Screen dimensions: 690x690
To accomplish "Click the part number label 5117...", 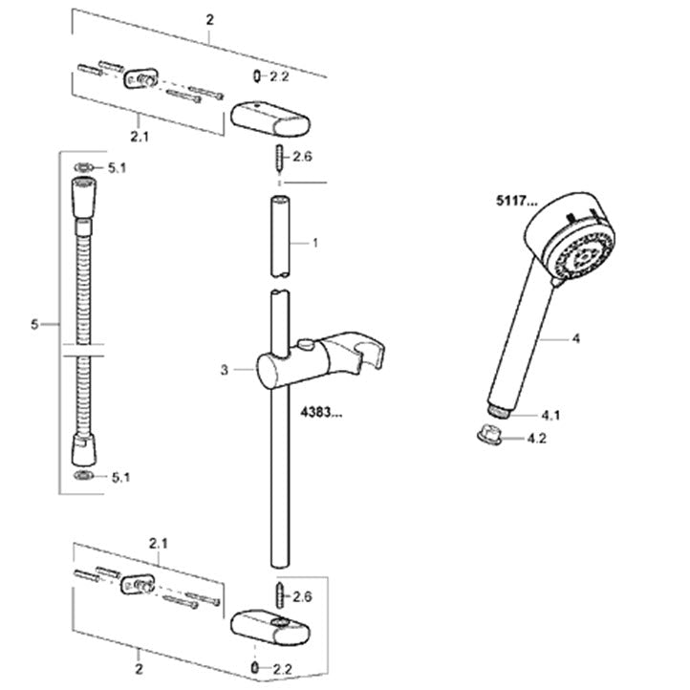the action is pos(517,201).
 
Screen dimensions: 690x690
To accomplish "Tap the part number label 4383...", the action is pos(321,412).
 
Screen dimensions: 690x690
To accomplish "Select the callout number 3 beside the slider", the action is pos(225,370).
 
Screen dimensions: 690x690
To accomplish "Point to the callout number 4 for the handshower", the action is pos(575,338).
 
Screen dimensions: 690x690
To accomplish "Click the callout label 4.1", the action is pos(550,415).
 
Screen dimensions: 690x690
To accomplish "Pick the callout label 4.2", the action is pos(537,439).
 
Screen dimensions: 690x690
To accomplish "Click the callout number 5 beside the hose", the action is pos(34,324).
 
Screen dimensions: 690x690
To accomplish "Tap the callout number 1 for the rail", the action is pos(315,243).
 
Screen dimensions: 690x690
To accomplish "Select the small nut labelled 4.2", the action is pos(489,434).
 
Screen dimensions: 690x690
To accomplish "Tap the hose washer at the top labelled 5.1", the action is pos(83,167).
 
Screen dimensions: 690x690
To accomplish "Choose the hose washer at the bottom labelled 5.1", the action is pos(83,475).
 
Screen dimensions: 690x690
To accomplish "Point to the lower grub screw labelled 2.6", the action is pos(280,595).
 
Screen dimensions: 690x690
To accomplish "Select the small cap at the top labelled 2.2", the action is pos(257,76).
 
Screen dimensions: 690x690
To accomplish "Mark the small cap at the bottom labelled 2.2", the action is pos(255,668).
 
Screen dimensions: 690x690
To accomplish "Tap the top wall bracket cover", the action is pos(270,118).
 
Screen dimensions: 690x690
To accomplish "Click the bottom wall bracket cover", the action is pos(270,627).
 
